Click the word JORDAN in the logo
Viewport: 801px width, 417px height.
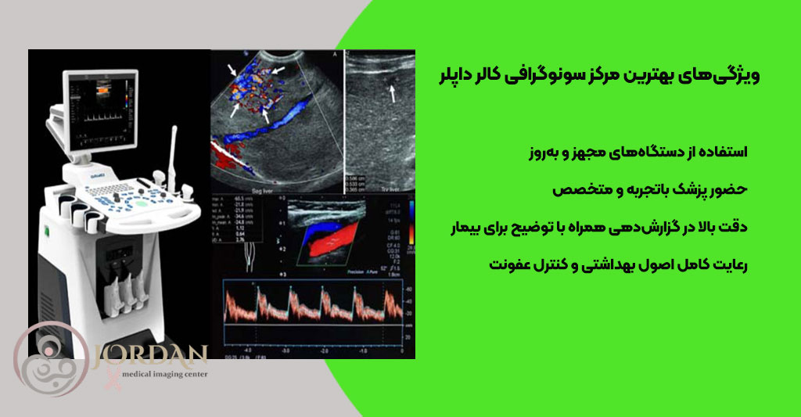click(149, 356)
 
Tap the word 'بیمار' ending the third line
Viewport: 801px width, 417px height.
click(464, 228)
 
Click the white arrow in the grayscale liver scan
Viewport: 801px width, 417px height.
click(393, 95)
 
